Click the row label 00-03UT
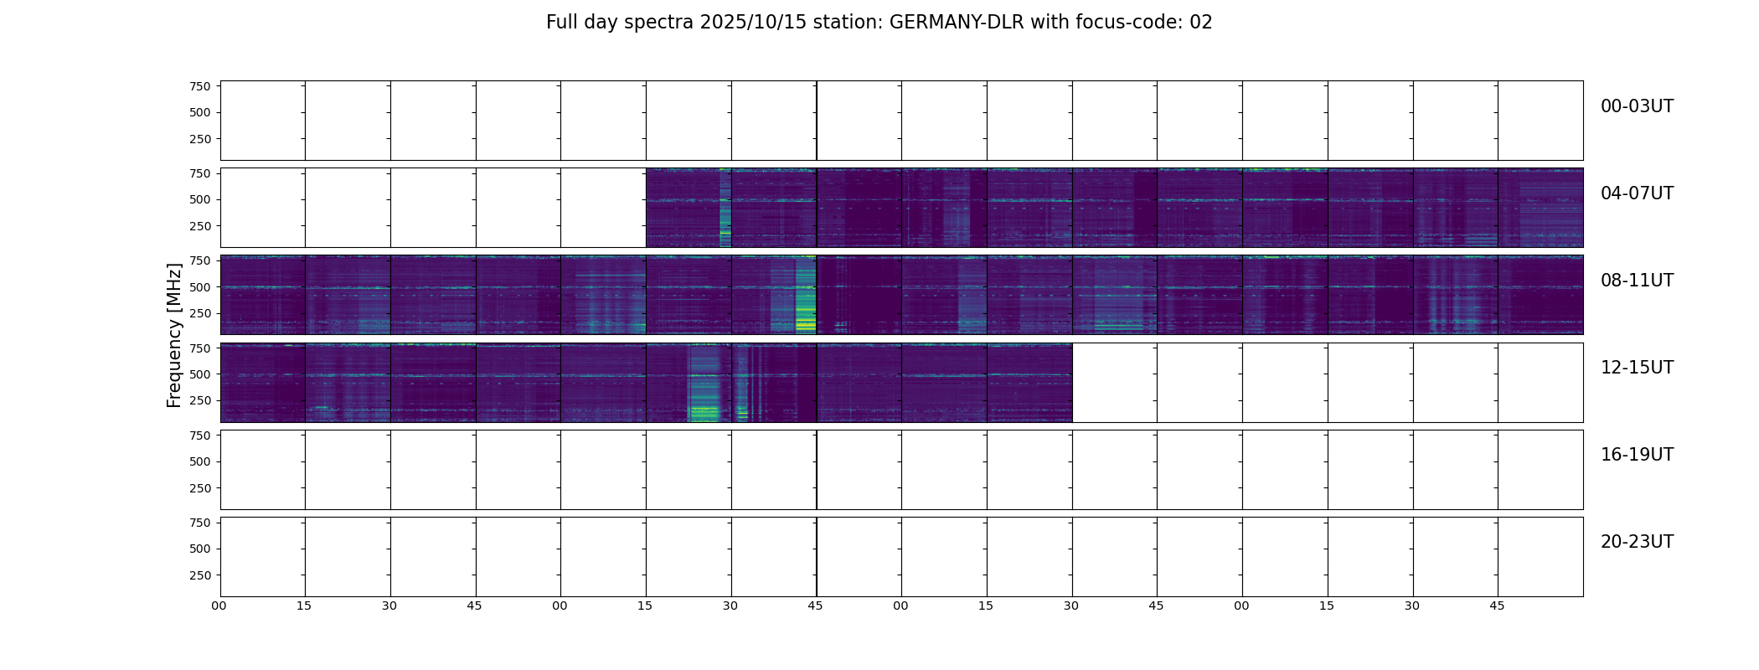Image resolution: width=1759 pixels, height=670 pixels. (x=1637, y=106)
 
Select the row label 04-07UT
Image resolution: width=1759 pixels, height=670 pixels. (x=1637, y=193)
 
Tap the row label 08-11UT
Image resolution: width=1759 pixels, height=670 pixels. (x=1637, y=281)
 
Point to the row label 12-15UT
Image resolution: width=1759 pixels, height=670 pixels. (x=1637, y=368)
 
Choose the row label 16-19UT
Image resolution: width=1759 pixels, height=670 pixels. (x=1637, y=455)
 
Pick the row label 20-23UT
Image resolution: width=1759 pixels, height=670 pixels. (x=1637, y=542)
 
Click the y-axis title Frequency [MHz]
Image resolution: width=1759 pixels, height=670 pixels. (x=174, y=335)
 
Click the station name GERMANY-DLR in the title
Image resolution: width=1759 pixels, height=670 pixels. (x=956, y=23)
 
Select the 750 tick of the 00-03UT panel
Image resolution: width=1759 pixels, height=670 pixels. (x=200, y=86)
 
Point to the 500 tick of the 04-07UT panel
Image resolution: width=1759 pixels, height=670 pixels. (x=200, y=199)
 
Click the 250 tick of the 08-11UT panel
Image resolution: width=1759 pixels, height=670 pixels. (x=200, y=313)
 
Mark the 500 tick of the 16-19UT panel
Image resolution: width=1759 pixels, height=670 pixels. (x=200, y=461)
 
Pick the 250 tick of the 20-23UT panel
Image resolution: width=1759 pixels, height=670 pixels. (x=200, y=575)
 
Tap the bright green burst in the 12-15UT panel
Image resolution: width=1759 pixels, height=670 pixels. (x=704, y=411)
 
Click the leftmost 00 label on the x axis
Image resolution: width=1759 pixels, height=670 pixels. (x=219, y=606)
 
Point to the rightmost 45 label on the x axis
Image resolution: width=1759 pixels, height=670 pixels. (x=1497, y=606)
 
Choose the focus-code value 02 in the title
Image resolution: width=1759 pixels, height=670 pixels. (x=1201, y=23)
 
